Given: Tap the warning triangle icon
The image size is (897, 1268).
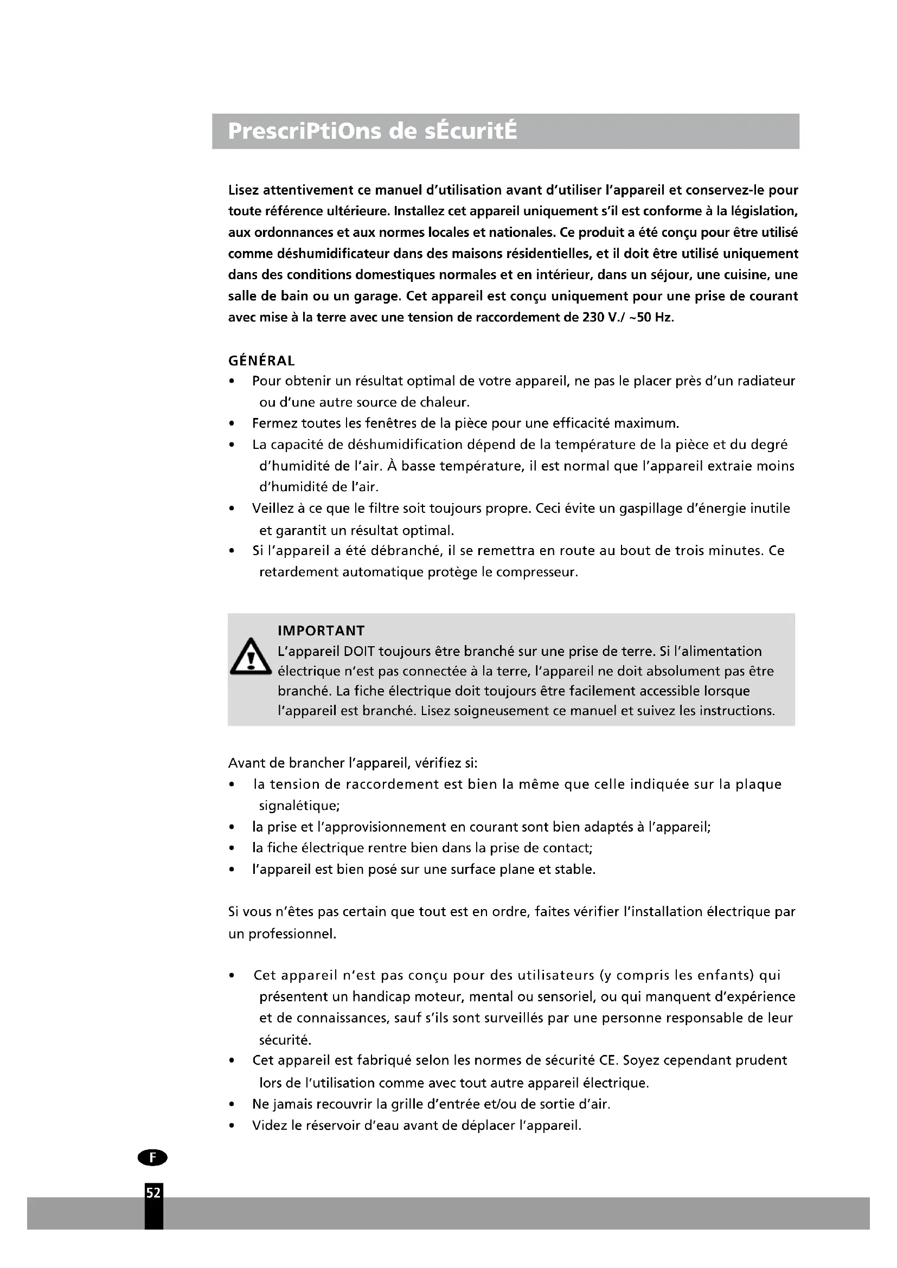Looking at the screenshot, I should click(x=251, y=657).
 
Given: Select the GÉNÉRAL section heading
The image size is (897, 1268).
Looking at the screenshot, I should click(x=261, y=361).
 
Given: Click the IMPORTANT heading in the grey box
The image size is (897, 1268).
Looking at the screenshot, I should click(x=321, y=630).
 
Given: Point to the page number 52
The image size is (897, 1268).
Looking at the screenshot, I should click(x=153, y=1193).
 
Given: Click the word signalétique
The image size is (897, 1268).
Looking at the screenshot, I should click(x=299, y=806).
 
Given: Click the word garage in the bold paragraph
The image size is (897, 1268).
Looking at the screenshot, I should click(x=376, y=297).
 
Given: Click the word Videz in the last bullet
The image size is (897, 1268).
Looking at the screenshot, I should click(x=268, y=1125).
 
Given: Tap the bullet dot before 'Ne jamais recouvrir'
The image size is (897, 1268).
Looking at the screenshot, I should click(x=233, y=1104).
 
